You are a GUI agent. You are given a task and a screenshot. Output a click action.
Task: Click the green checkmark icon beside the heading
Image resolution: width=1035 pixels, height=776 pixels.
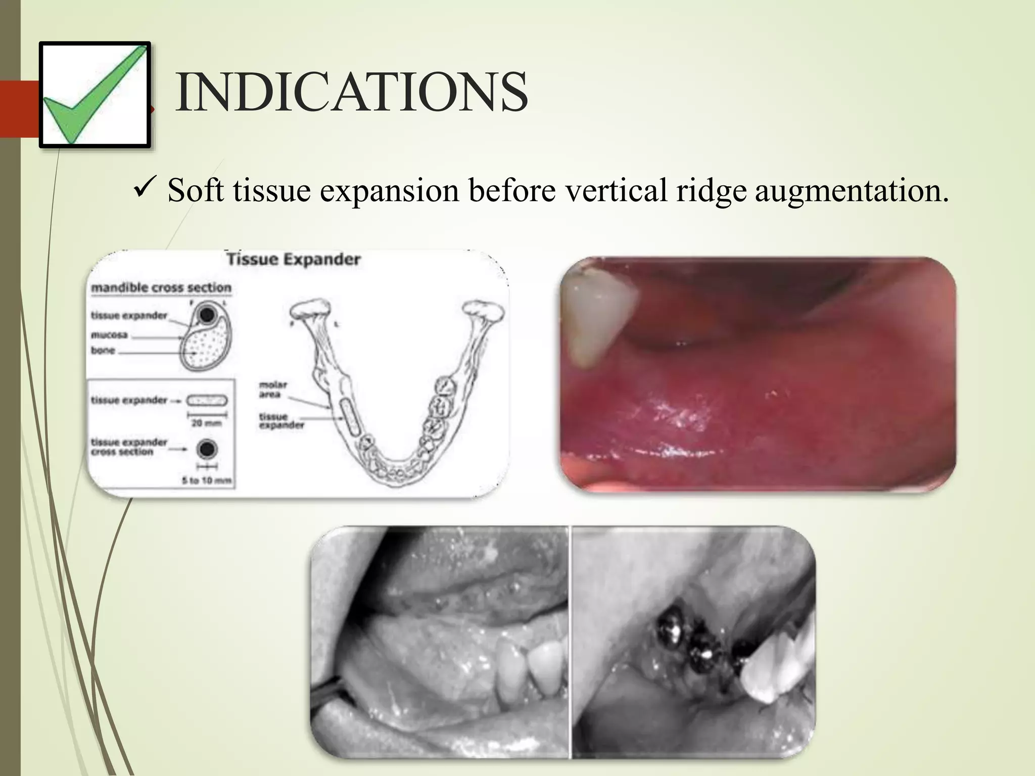point(95,95)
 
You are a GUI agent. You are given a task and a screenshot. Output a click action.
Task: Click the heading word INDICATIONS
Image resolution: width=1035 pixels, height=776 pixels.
point(352,93)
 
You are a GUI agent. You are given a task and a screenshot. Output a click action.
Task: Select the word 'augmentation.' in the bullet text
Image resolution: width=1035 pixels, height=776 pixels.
point(852,191)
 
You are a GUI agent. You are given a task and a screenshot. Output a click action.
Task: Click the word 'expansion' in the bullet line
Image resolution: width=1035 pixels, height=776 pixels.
point(389,191)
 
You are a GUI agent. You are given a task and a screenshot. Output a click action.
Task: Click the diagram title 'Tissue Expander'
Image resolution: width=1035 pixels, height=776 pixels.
point(293,260)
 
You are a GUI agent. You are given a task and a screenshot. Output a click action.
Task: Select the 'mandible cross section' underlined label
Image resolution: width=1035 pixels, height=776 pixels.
point(161,288)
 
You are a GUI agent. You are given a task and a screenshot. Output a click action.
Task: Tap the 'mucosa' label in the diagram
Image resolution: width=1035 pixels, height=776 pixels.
point(109,335)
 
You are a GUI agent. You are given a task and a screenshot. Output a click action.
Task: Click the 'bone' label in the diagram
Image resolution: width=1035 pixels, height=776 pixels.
point(103,350)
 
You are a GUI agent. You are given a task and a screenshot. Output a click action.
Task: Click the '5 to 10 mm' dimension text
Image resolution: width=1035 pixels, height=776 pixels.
point(207,480)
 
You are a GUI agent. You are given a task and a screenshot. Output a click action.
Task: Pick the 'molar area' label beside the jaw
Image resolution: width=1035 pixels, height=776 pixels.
point(273,390)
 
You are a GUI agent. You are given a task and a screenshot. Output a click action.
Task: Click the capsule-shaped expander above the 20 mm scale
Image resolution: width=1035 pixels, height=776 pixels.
point(207,401)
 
